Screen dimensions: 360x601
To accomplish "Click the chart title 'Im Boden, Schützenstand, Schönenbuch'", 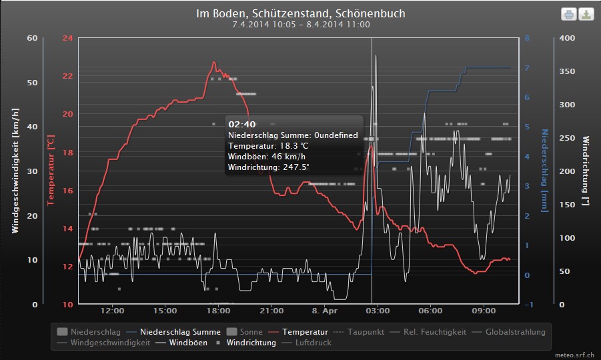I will (x=301, y=13).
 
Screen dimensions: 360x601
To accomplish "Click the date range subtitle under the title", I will (x=301, y=25).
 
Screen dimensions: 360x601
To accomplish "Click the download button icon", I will (x=586, y=14).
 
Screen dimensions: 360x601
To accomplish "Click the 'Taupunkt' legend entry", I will (x=366, y=331).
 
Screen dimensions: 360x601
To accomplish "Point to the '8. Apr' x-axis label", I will (x=325, y=311).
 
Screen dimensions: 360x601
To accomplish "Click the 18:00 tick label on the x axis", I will (x=218, y=311).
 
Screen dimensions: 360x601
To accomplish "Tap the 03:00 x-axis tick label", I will (x=378, y=311).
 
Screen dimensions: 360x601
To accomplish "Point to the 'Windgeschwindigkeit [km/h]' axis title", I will (x=15, y=170).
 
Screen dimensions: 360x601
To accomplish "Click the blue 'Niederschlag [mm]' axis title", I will (x=544, y=170).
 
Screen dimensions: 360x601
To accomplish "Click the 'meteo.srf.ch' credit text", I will (x=574, y=355).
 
